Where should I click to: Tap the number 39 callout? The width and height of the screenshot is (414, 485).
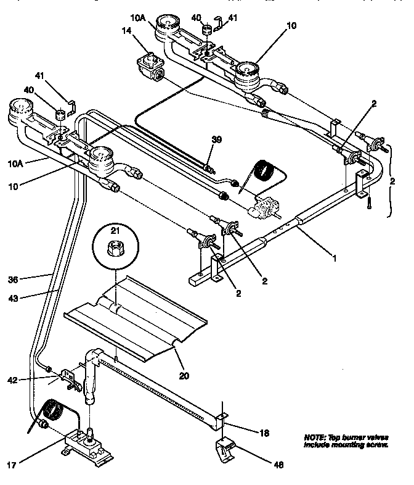(215, 140)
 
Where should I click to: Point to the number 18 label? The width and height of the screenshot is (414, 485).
(264, 434)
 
